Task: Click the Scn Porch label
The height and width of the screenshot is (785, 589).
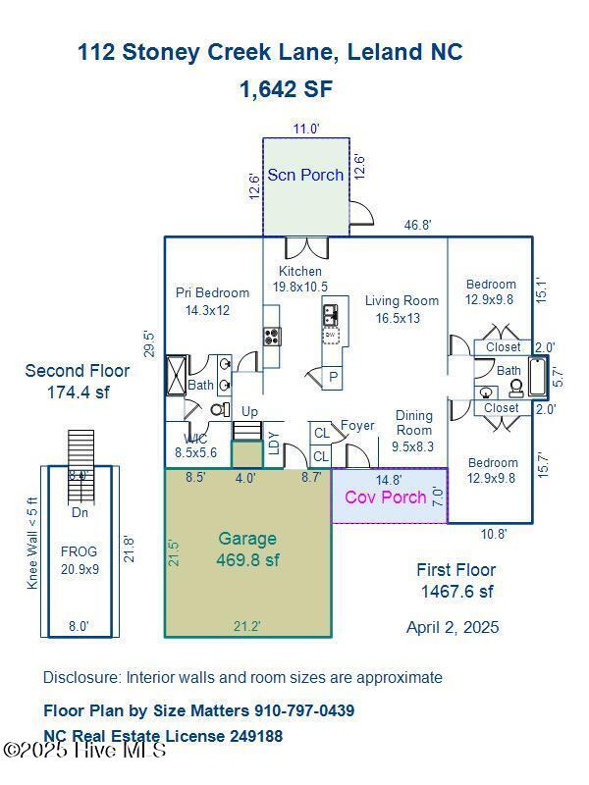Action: click(305, 175)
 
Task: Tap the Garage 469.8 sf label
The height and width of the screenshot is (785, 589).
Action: click(247, 549)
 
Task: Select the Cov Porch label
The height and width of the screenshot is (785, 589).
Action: click(386, 497)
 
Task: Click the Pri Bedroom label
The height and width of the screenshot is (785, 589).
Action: click(212, 301)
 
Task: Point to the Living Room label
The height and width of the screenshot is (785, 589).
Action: click(402, 309)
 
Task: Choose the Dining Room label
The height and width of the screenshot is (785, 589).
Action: click(413, 431)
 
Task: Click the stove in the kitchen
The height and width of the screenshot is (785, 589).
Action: click(272, 337)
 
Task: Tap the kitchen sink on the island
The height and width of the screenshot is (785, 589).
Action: click(331, 315)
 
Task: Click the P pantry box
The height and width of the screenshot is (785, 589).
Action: click(334, 377)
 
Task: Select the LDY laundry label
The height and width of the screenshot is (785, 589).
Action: click(273, 444)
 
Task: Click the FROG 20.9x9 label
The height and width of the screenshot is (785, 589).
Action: click(79, 559)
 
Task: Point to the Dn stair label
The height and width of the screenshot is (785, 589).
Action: click(80, 512)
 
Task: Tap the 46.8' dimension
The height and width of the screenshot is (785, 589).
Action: click(418, 226)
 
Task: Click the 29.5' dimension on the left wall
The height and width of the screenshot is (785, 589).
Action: click(151, 344)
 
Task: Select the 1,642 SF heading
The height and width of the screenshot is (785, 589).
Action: click(286, 89)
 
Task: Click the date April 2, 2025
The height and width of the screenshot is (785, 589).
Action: click(453, 627)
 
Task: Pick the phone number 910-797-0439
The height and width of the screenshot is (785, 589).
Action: click(304, 710)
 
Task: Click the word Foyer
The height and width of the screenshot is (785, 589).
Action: click(357, 426)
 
